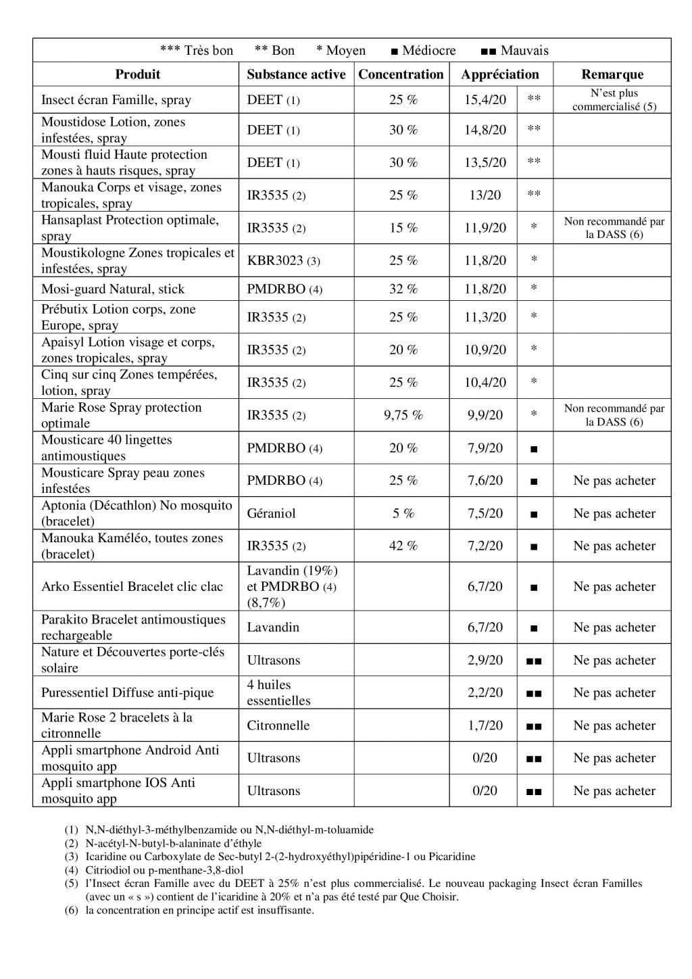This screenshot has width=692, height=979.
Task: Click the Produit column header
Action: click(137, 74)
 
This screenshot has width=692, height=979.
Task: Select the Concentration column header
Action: click(401, 74)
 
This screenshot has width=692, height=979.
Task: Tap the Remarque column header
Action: click(612, 74)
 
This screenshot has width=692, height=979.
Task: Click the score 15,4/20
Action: click(485, 100)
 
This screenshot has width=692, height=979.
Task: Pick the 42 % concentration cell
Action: click(403, 546)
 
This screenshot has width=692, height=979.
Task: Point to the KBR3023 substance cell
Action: click(283, 260)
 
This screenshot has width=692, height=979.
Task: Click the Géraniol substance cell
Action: click(271, 513)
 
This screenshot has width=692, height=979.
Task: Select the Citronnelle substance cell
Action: click(278, 725)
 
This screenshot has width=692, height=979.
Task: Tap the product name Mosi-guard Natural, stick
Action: click(113, 289)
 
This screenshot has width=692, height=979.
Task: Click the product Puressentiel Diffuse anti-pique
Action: click(127, 693)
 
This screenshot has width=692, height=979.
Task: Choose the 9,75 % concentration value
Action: click(403, 415)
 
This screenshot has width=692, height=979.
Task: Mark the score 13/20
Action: click(485, 195)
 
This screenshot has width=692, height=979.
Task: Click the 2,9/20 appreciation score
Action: click(485, 661)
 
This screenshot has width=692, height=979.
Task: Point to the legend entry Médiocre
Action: click(424, 51)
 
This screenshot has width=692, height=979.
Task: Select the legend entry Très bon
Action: click(197, 51)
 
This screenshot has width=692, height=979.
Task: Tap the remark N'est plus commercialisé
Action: click(614, 100)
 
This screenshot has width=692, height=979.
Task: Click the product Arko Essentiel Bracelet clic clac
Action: click(132, 587)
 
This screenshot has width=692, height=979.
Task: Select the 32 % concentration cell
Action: click(403, 289)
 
